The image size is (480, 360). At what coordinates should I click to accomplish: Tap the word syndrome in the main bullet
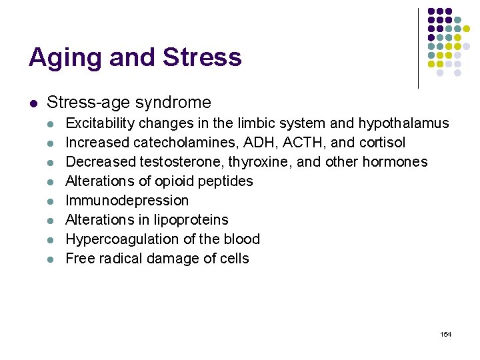175,102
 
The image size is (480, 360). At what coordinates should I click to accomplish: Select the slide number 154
446,334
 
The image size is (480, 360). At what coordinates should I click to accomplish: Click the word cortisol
383,143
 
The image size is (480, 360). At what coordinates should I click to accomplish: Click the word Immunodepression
127,201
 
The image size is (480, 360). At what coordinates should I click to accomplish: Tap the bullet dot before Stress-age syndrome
33,103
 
